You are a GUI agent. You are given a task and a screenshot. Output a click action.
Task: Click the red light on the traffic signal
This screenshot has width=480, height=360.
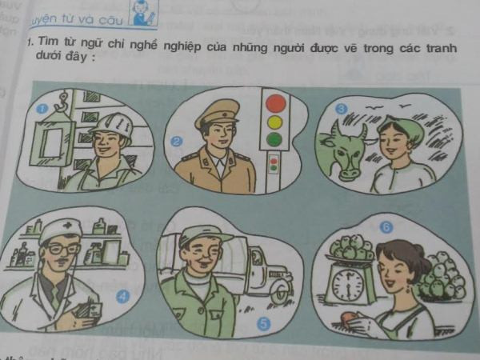click(x=275, y=103)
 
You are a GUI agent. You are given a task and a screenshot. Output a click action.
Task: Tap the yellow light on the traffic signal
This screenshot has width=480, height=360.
click(x=275, y=122)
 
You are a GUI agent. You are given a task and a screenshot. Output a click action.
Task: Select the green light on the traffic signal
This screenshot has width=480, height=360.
click(x=274, y=139)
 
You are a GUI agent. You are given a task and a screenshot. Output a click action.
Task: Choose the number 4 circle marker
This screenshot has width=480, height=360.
click(x=122, y=296)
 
